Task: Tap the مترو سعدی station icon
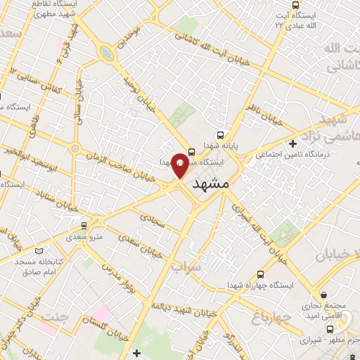(85, 226)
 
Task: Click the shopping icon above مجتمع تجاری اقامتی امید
(324, 294)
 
